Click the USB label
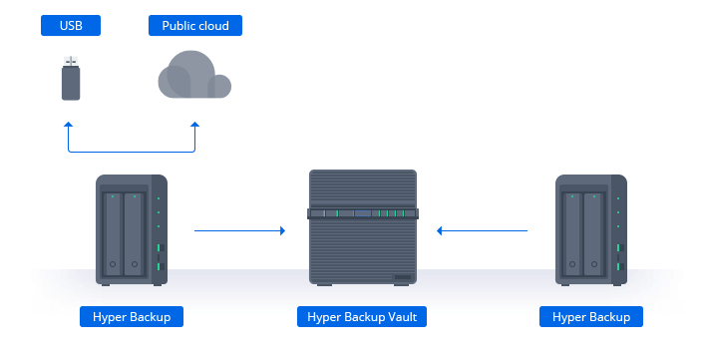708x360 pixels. click(70, 26)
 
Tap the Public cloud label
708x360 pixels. click(194, 26)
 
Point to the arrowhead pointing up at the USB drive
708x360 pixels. click(68, 127)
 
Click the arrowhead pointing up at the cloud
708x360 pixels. click(194, 127)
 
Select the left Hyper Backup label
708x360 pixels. click(131, 317)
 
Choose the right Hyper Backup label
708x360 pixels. click(590, 317)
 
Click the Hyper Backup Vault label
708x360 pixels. click(362, 317)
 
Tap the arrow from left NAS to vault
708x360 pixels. click(239, 230)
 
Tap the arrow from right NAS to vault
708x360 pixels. click(483, 230)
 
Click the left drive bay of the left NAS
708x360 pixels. click(113, 234)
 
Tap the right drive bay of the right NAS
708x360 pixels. click(594, 234)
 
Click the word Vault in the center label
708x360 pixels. click(402, 317)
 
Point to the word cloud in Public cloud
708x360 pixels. click(212, 26)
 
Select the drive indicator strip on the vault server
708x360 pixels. click(362, 213)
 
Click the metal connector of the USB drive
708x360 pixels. click(71, 62)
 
